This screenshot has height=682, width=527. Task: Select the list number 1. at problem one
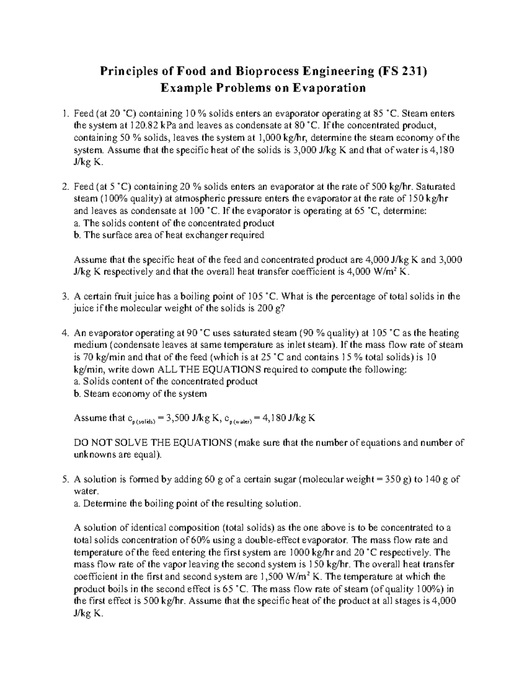pos(65,114)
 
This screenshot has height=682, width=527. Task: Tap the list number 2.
pos(65,186)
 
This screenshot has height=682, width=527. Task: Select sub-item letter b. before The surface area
pos(78,235)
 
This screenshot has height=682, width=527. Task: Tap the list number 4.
pos(65,333)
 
